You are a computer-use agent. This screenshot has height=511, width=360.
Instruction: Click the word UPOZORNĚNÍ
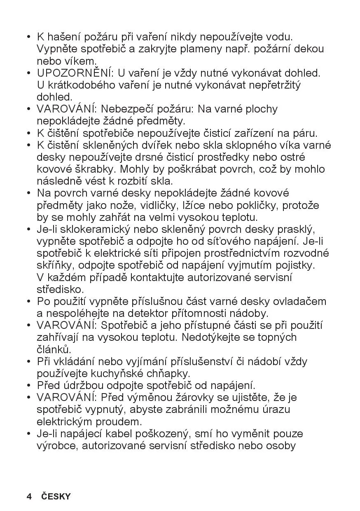pyautogui.click(x=75, y=73)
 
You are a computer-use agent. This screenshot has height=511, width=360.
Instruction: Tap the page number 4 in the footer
pyautogui.click(x=29, y=496)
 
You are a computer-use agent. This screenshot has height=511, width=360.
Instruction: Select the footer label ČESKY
pyautogui.click(x=56, y=496)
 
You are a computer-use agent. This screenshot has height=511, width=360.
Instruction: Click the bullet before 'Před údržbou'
pyautogui.click(x=29, y=386)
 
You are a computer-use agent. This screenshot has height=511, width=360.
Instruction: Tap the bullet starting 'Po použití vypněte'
pyautogui.click(x=29, y=302)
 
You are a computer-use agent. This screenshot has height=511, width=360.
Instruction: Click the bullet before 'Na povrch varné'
pyautogui.click(x=29, y=193)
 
